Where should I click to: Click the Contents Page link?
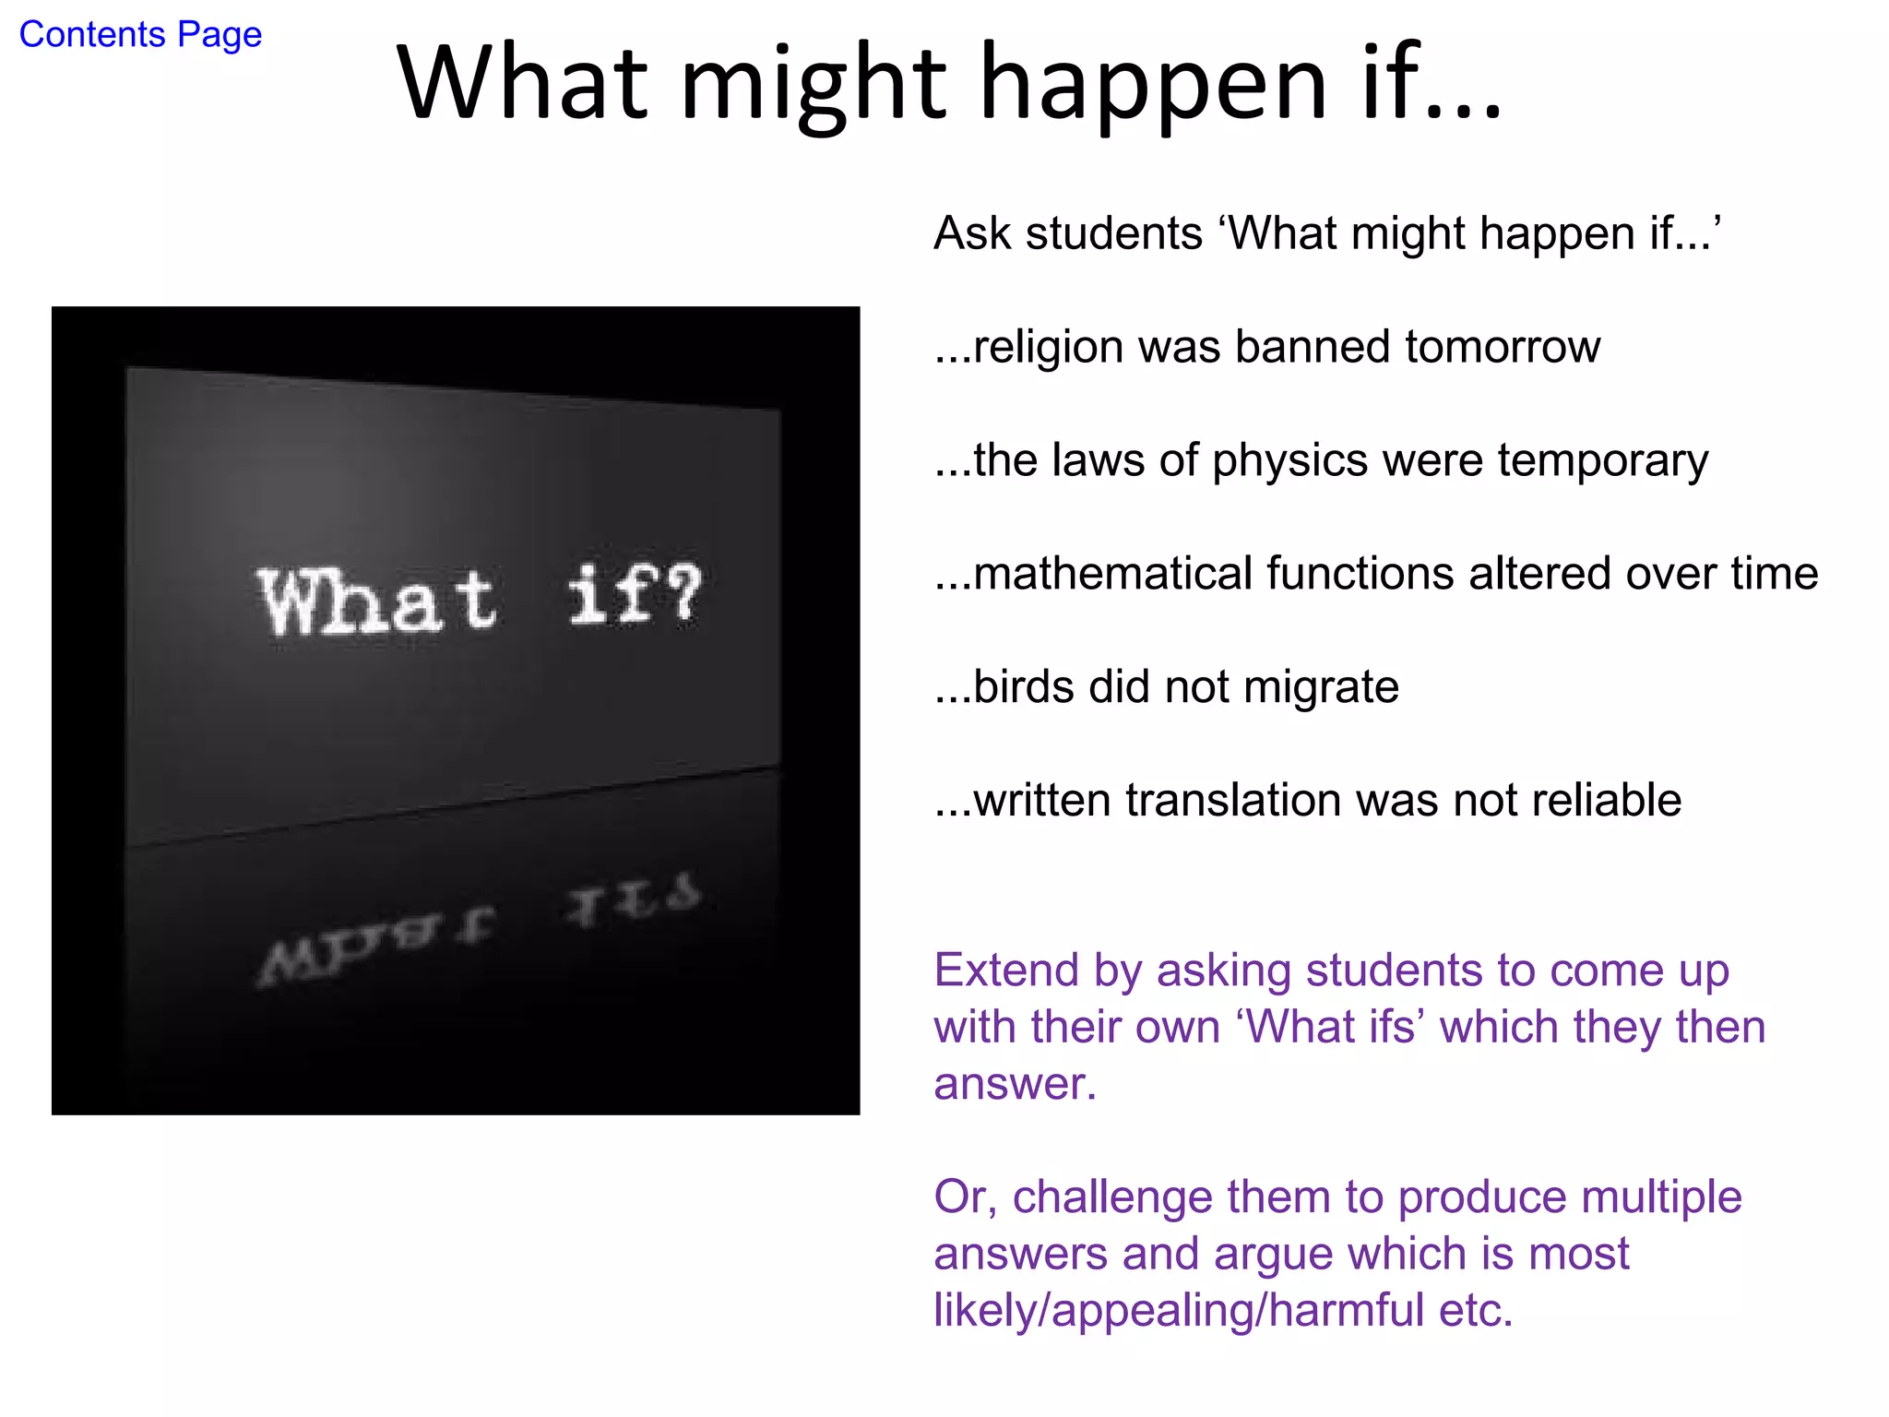(x=140, y=35)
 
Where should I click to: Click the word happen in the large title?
(x=1153, y=85)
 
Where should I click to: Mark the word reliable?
(x=1606, y=800)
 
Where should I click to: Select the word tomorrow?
(x=1503, y=348)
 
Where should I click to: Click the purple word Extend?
(x=1006, y=970)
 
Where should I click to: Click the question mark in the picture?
(x=683, y=595)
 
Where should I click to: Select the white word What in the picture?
(x=378, y=601)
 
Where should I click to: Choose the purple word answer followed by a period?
(x=1014, y=1084)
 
